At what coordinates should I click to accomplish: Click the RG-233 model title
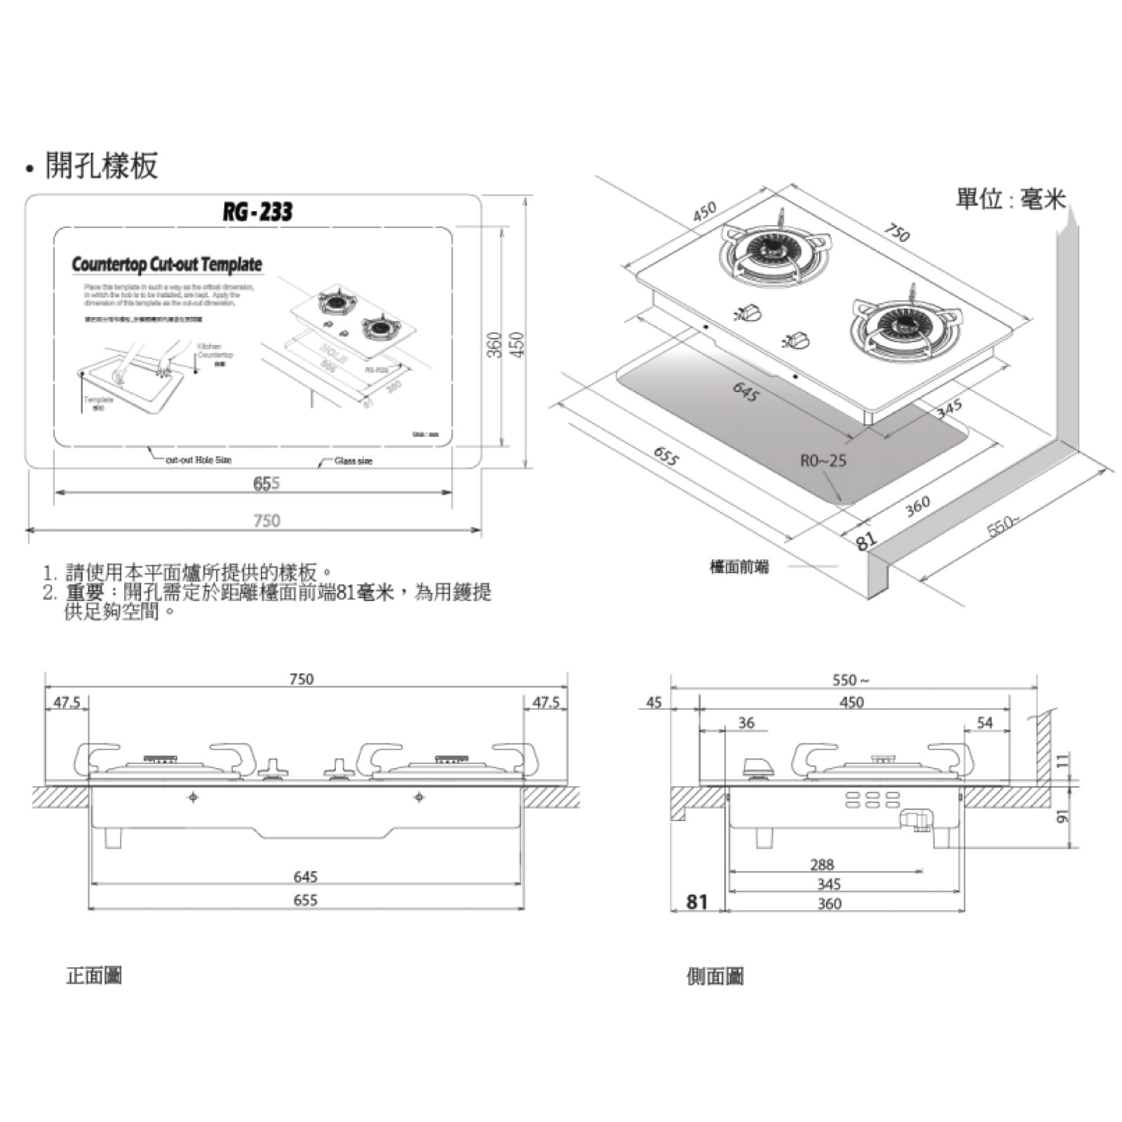click(257, 212)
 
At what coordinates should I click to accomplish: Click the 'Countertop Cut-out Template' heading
click(167, 264)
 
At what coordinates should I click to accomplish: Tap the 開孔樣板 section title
click(101, 165)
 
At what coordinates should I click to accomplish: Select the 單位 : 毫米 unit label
click(1010, 199)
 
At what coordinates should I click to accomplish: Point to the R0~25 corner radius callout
click(823, 461)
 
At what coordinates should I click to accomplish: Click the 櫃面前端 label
click(739, 567)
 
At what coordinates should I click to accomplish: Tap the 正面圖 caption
click(94, 975)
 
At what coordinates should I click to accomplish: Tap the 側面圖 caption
click(715, 976)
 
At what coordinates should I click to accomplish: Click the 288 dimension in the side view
click(822, 865)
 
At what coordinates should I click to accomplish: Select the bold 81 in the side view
click(697, 902)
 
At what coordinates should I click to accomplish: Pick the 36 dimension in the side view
click(746, 723)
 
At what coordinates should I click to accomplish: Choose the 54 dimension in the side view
click(985, 723)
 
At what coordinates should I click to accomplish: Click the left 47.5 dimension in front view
click(67, 702)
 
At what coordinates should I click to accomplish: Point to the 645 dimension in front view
click(306, 877)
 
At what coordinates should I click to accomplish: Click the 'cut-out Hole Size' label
click(198, 460)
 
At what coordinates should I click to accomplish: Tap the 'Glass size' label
click(353, 461)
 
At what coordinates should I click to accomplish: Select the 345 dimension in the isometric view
click(949, 409)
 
